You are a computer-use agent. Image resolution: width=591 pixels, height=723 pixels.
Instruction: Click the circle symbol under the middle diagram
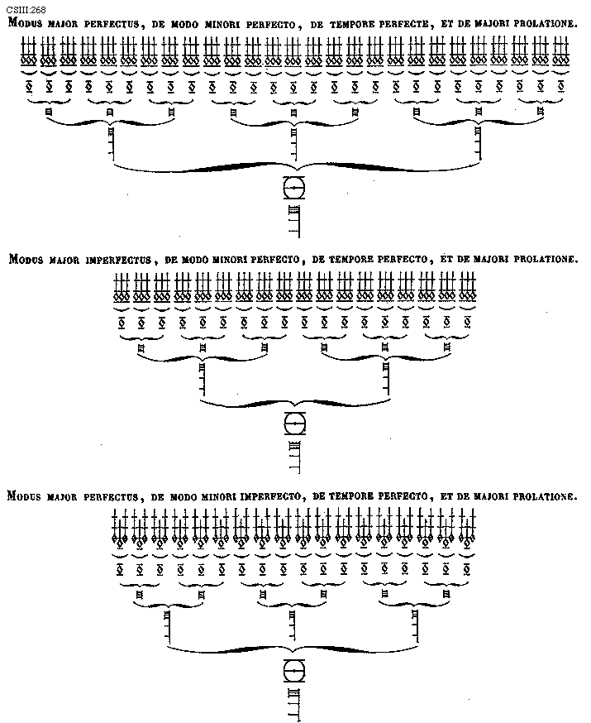[293, 424]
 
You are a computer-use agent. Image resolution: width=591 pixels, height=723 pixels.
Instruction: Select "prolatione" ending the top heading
[544, 23]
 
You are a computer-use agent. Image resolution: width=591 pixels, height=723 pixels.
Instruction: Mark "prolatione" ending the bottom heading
[544, 497]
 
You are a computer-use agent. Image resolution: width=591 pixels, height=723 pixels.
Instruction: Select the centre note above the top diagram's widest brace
[293, 146]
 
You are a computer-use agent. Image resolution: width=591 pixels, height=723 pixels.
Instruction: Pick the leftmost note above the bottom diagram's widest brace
[168, 627]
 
